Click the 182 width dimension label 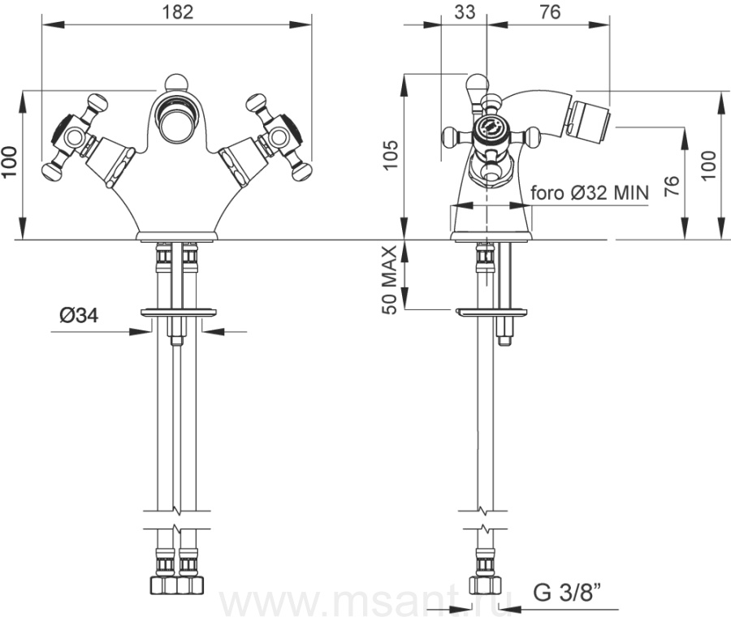coord(178,11)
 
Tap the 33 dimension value coord(465,11)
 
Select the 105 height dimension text coord(391,155)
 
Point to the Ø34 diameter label coord(79,316)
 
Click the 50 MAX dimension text coord(389,279)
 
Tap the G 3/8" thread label coord(567,593)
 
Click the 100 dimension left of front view coord(9,162)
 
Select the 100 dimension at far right coord(707,166)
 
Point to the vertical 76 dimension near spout coord(672,186)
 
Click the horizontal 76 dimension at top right coord(550,11)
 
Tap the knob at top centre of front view coord(176,82)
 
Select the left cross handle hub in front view coord(74,136)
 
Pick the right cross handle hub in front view coord(279,137)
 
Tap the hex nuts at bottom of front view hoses coord(177,585)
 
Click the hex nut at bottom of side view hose coord(485,585)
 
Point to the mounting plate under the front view coord(179,313)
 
